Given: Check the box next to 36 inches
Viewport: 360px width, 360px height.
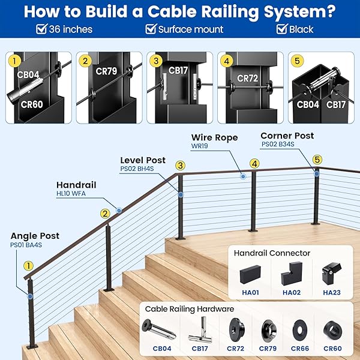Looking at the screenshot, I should pyautogui.click(x=41, y=29).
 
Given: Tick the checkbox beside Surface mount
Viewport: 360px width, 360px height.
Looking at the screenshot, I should pyautogui.click(x=151, y=29).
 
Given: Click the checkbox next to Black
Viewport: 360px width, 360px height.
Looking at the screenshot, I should pyautogui.click(x=282, y=29).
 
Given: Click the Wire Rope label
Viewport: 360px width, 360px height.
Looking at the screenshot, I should pyautogui.click(x=214, y=137).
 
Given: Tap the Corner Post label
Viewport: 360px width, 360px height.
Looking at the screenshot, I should pyautogui.click(x=287, y=136).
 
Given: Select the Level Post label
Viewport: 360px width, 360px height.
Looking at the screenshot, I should pyautogui.click(x=143, y=160).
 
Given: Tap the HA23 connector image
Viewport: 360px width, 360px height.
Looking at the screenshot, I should pyautogui.click(x=332, y=274).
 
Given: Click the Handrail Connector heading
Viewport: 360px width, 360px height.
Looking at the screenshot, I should pyautogui.click(x=272, y=253).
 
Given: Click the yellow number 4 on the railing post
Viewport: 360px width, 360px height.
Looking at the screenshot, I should pyautogui.click(x=254, y=163).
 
